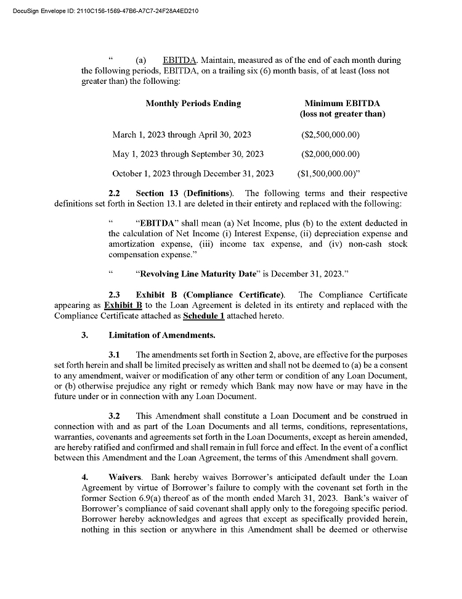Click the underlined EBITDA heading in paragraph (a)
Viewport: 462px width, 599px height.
point(180,60)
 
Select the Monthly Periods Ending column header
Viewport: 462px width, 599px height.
point(193,104)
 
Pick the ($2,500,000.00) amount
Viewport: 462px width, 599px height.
point(330,134)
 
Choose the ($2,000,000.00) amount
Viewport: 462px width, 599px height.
point(330,154)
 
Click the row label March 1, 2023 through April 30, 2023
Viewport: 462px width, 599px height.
point(182,134)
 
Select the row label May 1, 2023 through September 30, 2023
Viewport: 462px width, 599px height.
point(188,154)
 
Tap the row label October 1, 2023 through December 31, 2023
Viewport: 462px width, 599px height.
point(193,174)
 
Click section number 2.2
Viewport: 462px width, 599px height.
point(114,194)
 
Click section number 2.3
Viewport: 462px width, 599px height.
point(114,294)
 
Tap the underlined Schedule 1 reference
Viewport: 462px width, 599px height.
point(203,316)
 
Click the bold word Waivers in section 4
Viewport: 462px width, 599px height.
point(126,477)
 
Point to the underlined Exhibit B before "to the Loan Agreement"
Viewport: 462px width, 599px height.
point(123,305)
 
